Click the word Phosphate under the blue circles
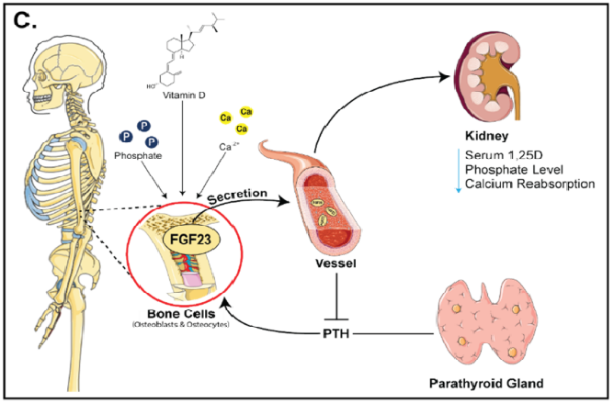[138, 156]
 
